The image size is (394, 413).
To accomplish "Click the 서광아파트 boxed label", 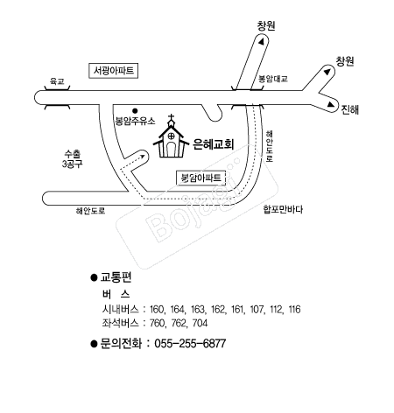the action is click(113, 71).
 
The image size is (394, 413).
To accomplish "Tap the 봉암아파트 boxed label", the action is click(201, 178).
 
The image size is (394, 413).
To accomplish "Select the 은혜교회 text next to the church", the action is click(214, 144).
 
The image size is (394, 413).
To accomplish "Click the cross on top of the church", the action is click(172, 118).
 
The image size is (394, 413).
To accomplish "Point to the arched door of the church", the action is click(172, 150).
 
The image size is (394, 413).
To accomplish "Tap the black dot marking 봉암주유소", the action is click(135, 111).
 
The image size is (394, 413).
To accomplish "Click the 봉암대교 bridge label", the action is click(273, 79).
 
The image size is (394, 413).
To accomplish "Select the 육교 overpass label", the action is click(57, 80).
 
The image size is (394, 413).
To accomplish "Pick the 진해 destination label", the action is click(350, 109).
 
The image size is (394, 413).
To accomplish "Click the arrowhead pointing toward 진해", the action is click(330, 104).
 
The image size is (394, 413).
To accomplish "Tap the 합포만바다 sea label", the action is click(283, 209).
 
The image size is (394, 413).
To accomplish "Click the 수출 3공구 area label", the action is click(72, 158).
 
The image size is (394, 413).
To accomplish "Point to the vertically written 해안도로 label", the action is click(269, 146).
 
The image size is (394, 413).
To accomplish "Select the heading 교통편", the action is click(116, 277).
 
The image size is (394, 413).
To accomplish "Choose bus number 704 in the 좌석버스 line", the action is click(201, 323).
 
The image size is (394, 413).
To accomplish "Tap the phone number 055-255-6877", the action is click(190, 343).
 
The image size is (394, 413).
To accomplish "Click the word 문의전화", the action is click(121, 343).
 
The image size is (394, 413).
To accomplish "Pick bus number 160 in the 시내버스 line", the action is click(158, 309).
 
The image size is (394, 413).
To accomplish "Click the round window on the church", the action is click(172, 136).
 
